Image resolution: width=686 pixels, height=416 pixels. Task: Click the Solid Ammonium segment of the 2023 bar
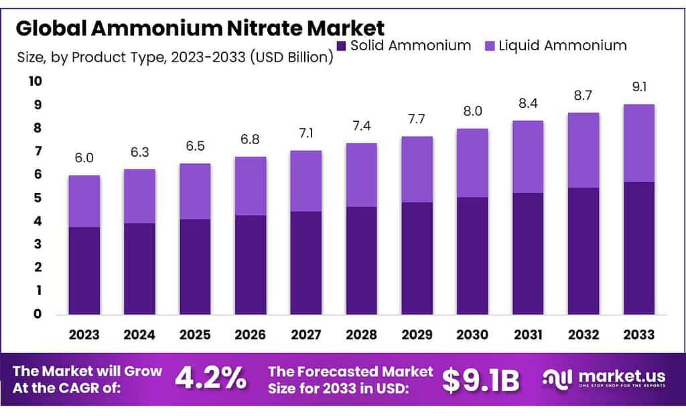pos(84,271)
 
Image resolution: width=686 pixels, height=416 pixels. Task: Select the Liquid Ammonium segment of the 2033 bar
pos(638,143)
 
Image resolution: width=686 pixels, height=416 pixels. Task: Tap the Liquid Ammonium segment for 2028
pos(362,175)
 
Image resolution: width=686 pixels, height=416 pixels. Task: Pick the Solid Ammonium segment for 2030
pos(472,255)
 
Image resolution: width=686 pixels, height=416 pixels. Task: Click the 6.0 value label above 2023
pos(84,158)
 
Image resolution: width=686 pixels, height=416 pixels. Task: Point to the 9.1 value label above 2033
pos(638,87)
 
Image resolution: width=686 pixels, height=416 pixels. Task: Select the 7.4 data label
pos(362,126)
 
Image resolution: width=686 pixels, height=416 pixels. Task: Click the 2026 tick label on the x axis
pos(251,334)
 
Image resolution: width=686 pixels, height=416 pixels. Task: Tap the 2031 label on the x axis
pos(528,334)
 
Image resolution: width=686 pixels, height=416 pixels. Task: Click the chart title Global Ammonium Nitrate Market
pos(200,28)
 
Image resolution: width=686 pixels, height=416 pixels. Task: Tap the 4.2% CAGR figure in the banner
pos(210,379)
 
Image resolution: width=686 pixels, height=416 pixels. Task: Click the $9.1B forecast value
pos(481,380)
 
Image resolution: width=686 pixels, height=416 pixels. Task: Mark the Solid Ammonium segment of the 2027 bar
pos(306,263)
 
